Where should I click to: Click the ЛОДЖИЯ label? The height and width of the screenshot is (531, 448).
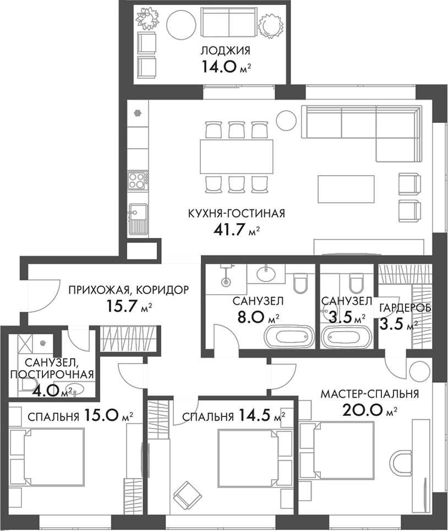click(225, 51)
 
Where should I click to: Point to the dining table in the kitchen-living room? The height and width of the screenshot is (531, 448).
click(236, 156)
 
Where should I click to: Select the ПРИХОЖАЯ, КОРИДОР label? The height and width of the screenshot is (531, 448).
click(128, 289)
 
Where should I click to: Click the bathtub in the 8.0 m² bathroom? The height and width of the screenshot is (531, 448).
click(289, 337)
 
